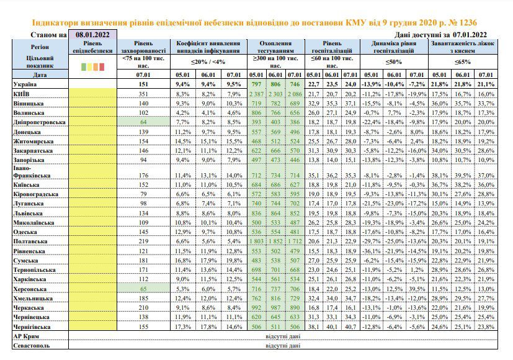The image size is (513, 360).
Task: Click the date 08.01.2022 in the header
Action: point(92,34)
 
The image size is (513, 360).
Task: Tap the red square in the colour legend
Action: point(102,67)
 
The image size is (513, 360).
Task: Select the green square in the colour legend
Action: point(83,67)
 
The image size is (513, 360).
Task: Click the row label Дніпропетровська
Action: point(39,122)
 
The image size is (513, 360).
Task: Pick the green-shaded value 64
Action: point(143,122)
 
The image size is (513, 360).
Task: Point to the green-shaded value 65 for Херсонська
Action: point(143,289)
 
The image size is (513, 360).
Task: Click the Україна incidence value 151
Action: point(143,84)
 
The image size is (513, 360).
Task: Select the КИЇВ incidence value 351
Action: point(143,94)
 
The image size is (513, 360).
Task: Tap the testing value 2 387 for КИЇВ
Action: point(257,94)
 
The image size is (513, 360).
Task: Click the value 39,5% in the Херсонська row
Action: point(417,289)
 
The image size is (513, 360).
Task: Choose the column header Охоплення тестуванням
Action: point(275,47)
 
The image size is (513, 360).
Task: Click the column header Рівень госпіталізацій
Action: point(332,47)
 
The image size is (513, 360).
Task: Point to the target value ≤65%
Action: point(463,62)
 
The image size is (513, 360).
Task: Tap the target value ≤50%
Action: point(393,62)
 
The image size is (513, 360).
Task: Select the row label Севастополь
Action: point(32,346)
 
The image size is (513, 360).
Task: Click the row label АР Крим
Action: point(26,336)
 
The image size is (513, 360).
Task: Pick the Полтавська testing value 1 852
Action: point(275,241)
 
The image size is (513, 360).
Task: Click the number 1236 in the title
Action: point(468,22)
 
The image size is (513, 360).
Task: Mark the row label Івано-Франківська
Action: point(32,172)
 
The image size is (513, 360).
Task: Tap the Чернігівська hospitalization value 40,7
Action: point(350,327)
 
